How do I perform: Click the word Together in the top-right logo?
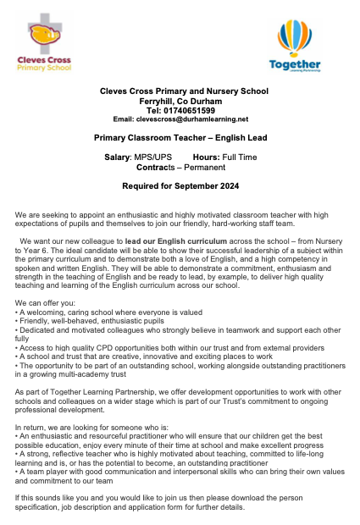(294, 64)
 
